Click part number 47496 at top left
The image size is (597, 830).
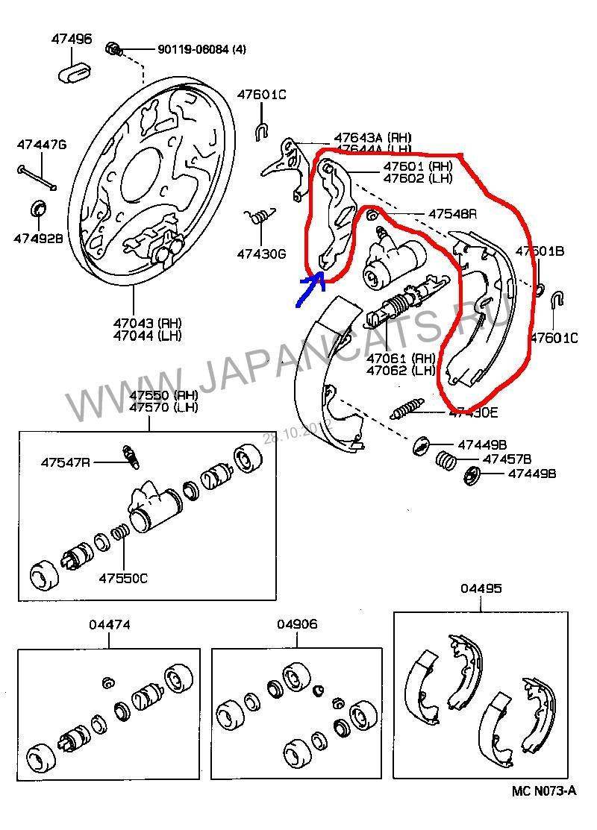click(72, 38)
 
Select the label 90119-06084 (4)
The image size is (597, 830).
click(201, 50)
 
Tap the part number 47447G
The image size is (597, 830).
click(42, 144)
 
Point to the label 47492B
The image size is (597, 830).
click(38, 239)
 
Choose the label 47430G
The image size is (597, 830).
click(262, 254)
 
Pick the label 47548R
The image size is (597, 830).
click(452, 214)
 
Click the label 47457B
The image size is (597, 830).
click(506, 459)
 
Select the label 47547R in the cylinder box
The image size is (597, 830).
click(66, 462)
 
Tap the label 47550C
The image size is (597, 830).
click(124, 578)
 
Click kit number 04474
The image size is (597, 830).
click(109, 625)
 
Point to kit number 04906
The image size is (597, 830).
click(296, 624)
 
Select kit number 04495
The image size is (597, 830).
click(481, 588)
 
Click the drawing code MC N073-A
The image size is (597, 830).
click(544, 791)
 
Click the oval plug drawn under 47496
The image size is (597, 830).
click(73, 73)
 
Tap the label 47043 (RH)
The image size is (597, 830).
click(148, 324)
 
